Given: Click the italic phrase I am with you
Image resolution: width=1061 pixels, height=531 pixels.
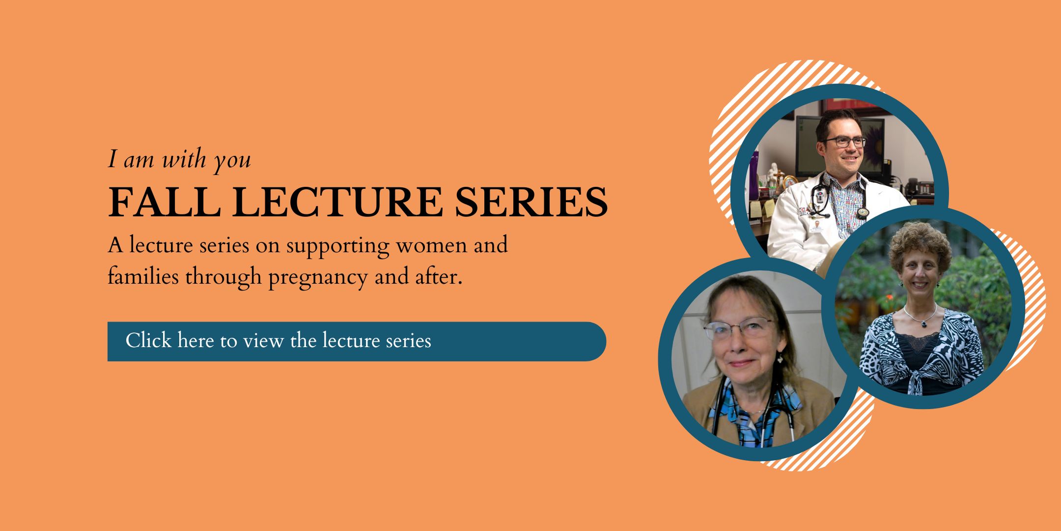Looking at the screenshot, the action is [179, 160].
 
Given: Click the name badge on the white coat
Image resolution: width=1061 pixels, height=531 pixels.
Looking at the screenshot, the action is [818, 228].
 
